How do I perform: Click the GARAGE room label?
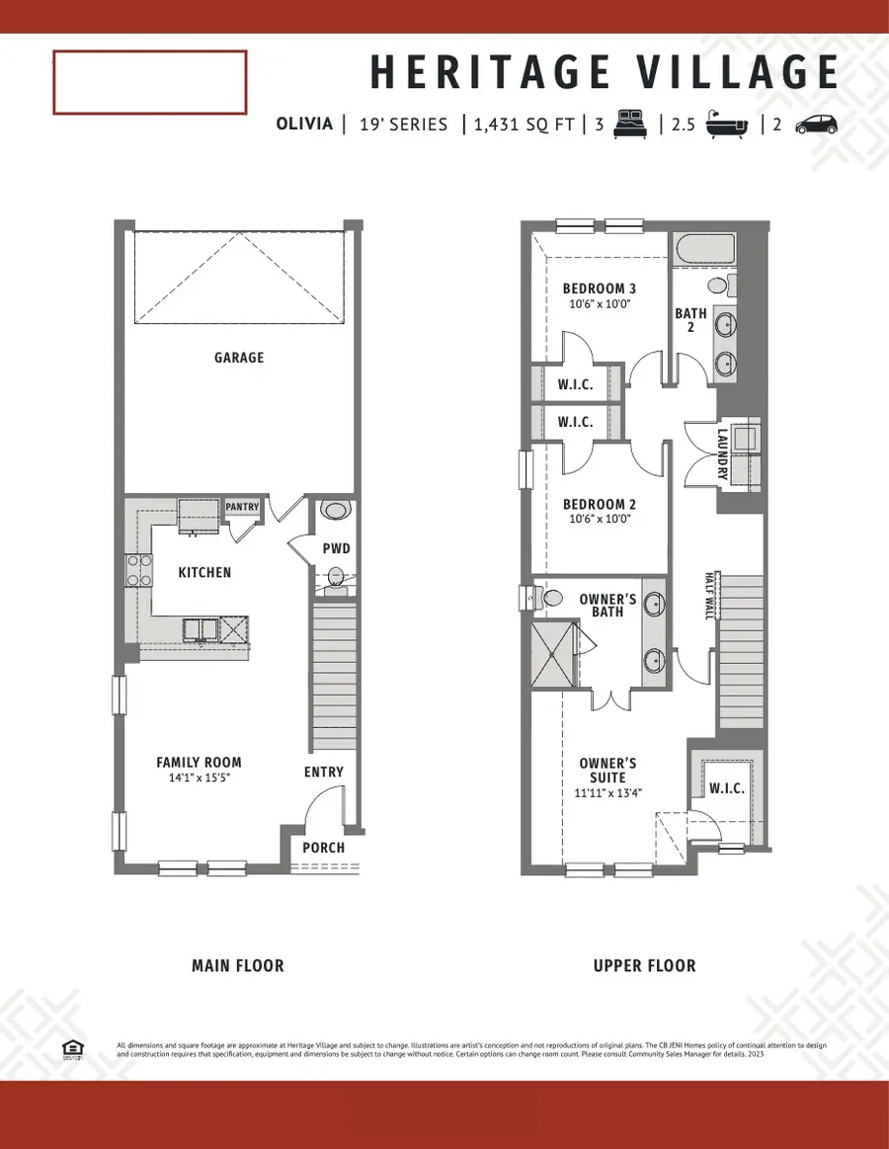(239, 358)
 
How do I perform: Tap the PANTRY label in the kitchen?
(242, 507)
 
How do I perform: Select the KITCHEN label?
(204, 572)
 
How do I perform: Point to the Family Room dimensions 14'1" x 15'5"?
(199, 778)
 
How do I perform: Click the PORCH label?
(323, 848)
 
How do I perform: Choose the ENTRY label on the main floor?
(323, 772)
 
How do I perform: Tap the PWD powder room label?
(336, 548)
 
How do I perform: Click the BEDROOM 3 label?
(600, 288)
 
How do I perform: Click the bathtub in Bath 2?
(703, 251)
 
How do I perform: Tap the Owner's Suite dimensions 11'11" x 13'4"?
(606, 792)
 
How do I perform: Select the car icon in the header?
(816, 124)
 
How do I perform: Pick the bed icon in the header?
(630, 124)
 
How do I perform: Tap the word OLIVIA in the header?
(305, 124)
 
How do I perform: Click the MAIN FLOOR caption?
(237, 965)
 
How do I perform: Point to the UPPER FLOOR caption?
(644, 965)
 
